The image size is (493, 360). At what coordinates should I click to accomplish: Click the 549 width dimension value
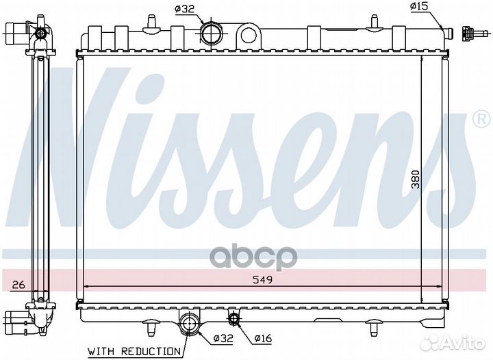point(262,279)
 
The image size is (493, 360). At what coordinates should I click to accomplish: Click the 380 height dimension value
point(416,179)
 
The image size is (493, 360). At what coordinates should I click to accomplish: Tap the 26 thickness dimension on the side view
point(18,285)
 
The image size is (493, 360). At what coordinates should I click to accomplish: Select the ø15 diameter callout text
point(419,6)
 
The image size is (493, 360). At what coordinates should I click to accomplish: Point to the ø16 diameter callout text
point(262,338)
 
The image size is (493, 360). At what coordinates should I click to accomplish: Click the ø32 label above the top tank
point(184,10)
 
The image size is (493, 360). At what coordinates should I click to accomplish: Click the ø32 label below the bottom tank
point(223,338)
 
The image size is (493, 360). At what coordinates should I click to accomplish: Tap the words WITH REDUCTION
point(134,352)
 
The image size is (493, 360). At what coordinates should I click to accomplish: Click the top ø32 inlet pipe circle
point(211,34)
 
